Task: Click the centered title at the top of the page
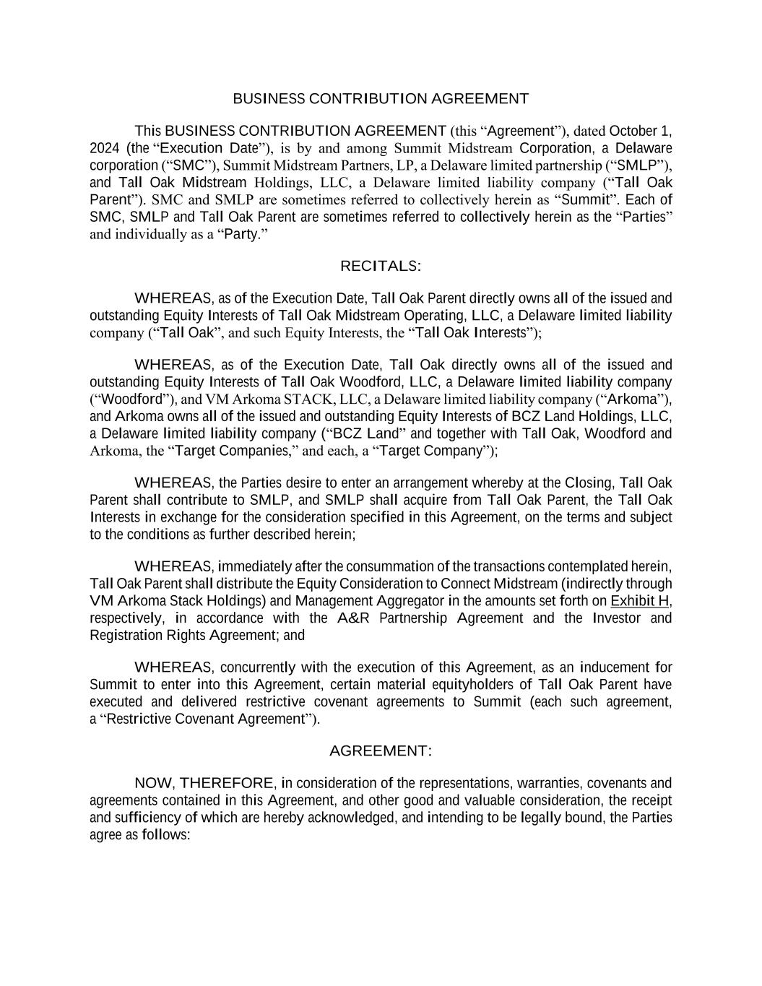381,98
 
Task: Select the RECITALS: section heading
381,266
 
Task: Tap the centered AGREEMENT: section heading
381,751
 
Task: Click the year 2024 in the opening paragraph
105,148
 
